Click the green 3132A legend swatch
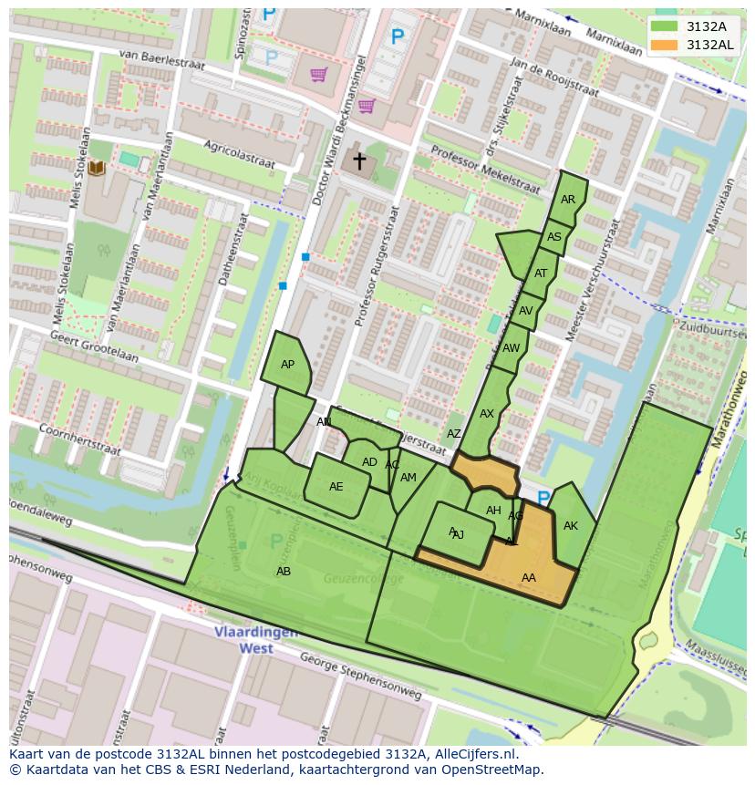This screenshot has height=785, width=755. click(x=665, y=26)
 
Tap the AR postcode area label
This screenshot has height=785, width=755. click(x=568, y=200)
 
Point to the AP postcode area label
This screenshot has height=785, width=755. click(x=287, y=365)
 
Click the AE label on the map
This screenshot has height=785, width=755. click(x=336, y=487)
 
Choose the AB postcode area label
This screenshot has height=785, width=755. click(x=284, y=572)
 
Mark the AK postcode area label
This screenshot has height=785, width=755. click(x=571, y=526)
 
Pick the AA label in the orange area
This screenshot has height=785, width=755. click(x=529, y=578)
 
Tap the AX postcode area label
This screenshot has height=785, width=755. click(x=487, y=414)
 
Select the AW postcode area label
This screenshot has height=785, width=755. click(x=511, y=348)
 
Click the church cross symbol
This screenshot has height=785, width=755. click(x=359, y=161)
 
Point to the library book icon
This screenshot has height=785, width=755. click(x=97, y=169)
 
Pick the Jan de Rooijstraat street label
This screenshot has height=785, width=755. click(x=554, y=79)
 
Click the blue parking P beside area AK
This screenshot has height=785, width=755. click(x=543, y=499)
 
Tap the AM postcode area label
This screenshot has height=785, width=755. click(x=409, y=478)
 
